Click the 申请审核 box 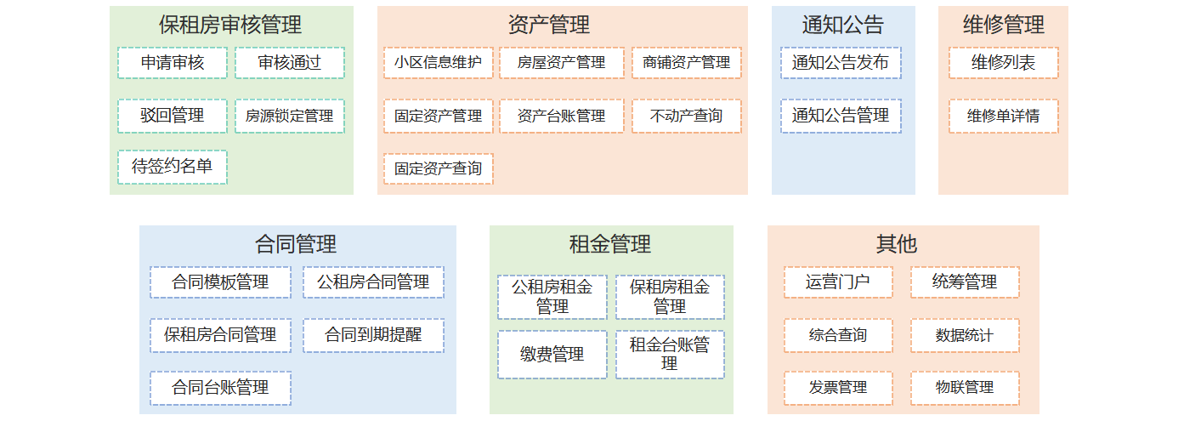click(x=173, y=63)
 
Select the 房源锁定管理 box click(x=290, y=116)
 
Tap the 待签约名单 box click(x=173, y=167)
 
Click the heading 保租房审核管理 click(x=230, y=25)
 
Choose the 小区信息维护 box click(x=439, y=63)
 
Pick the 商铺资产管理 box click(x=687, y=63)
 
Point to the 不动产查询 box click(x=687, y=116)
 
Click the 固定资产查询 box click(x=439, y=168)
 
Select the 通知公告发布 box click(x=841, y=63)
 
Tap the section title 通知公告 click(x=843, y=25)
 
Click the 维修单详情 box click(x=1003, y=116)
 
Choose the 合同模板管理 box click(x=220, y=282)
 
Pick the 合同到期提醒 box click(x=373, y=335)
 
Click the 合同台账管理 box click(x=220, y=388)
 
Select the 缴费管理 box click(x=552, y=355)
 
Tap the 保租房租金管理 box click(x=670, y=297)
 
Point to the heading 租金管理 click(x=610, y=244)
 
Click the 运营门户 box click(x=838, y=282)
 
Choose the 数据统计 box click(x=965, y=335)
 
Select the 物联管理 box click(x=965, y=388)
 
